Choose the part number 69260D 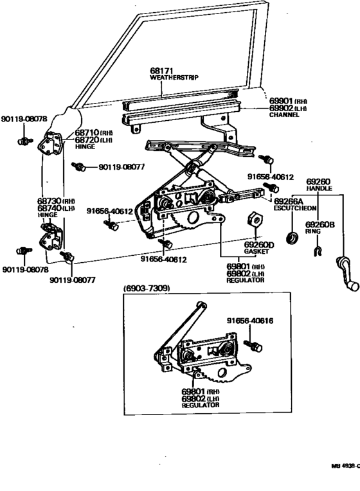pyautogui.click(x=259, y=244)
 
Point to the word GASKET pyautogui.click(x=255, y=252)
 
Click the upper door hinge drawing pyautogui.click(x=50, y=143)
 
